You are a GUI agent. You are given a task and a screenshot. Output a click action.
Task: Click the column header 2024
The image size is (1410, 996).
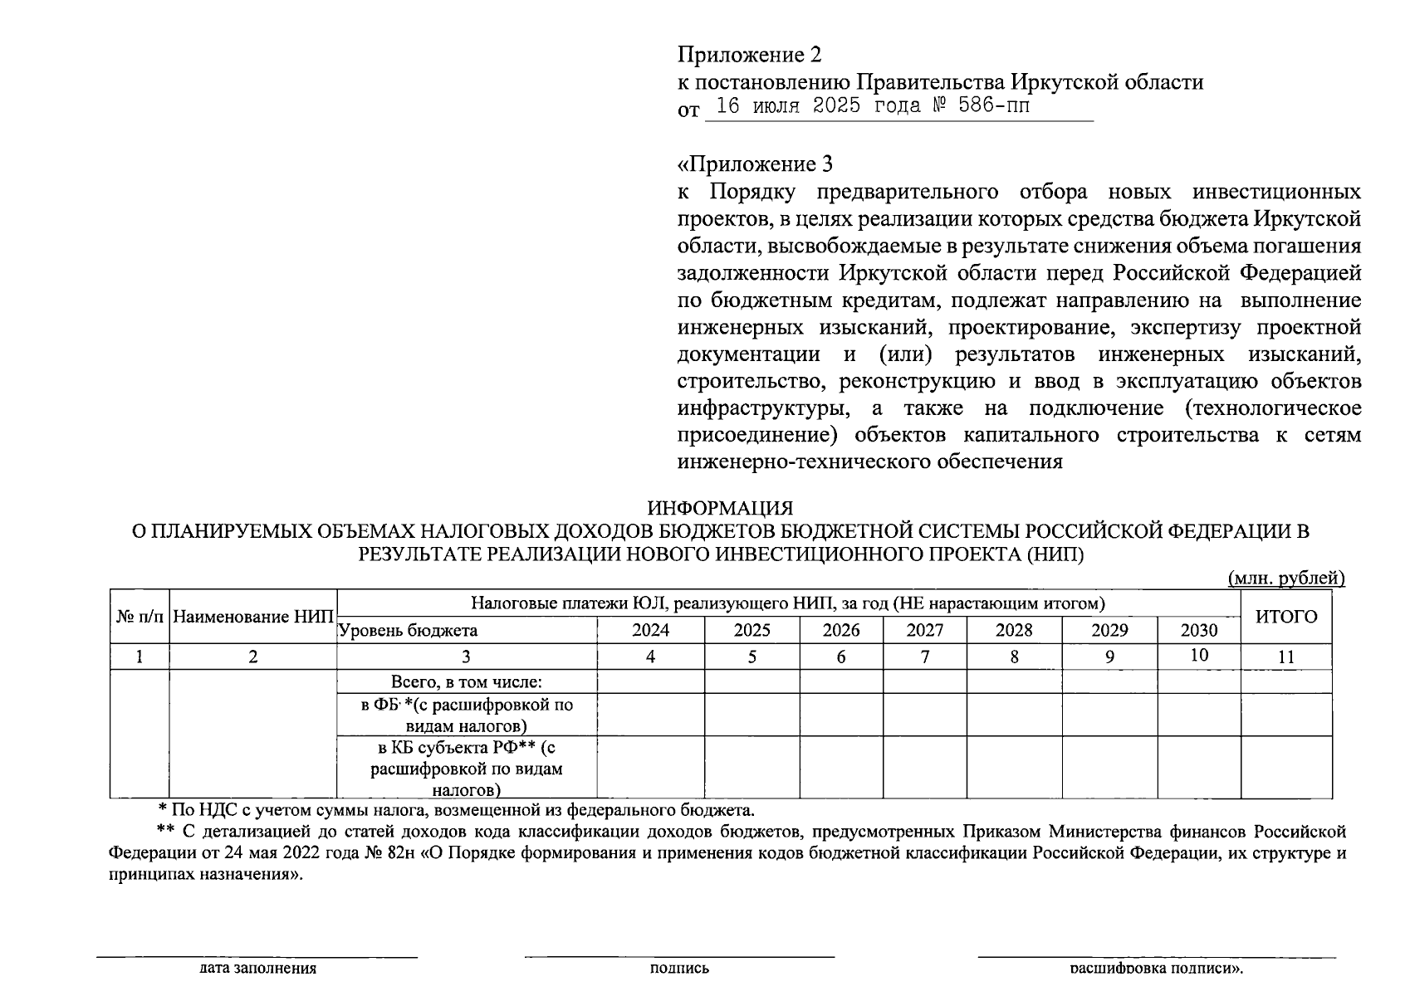pyautogui.click(x=650, y=630)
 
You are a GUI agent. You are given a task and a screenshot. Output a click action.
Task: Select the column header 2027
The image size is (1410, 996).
pyautogui.click(x=924, y=630)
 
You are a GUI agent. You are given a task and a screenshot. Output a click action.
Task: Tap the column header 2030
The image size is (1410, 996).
pyautogui.click(x=1198, y=630)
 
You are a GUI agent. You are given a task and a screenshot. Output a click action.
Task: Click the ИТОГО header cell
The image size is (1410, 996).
pyautogui.click(x=1285, y=617)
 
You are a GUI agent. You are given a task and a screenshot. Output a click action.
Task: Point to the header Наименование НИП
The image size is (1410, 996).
pyautogui.click(x=253, y=618)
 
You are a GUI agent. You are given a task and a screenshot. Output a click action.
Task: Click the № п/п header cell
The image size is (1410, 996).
pyautogui.click(x=140, y=618)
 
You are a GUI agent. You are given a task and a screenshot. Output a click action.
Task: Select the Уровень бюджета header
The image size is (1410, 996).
pyautogui.click(x=408, y=630)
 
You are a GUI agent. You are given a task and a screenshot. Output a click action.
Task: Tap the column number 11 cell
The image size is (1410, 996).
pyautogui.click(x=1285, y=657)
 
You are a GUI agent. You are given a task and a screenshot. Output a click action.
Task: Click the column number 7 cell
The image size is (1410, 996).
pyautogui.click(x=924, y=657)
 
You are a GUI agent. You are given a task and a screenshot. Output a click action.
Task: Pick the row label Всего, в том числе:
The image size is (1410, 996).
pyautogui.click(x=466, y=682)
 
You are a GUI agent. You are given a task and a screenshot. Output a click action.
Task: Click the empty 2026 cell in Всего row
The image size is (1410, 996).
pyautogui.click(x=840, y=682)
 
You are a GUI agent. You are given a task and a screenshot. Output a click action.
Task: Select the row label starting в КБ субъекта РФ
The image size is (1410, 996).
pyautogui.click(x=466, y=768)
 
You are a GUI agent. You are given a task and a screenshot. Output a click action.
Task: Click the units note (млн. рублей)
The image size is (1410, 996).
pyautogui.click(x=1285, y=578)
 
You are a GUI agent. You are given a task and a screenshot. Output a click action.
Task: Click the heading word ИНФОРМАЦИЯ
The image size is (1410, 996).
pyautogui.click(x=720, y=507)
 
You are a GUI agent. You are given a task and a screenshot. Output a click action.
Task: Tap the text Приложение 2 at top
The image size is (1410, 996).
pyautogui.click(x=749, y=55)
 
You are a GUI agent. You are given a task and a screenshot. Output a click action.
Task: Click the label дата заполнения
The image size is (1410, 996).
pyautogui.click(x=257, y=968)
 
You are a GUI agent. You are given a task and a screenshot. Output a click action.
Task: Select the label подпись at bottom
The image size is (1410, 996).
pyautogui.click(x=679, y=968)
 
